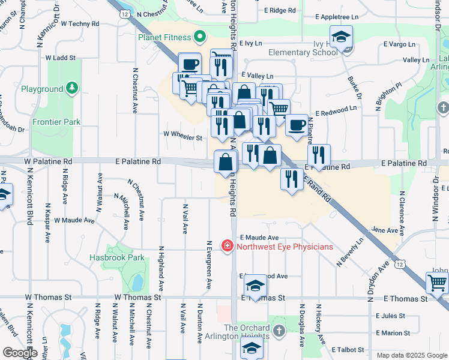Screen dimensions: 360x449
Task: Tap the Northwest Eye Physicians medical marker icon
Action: coord(228,246)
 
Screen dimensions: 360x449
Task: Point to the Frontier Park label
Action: coord(56,122)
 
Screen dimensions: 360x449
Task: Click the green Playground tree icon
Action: coord(72,89)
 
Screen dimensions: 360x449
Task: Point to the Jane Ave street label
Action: coord(385,230)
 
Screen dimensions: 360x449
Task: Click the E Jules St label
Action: coord(391,316)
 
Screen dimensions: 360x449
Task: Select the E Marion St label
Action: coord(393,332)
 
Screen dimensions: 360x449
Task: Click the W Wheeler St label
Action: coord(182,137)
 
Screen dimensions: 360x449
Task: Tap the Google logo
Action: coord(20,353)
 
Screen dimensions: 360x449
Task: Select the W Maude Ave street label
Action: coord(74,220)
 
